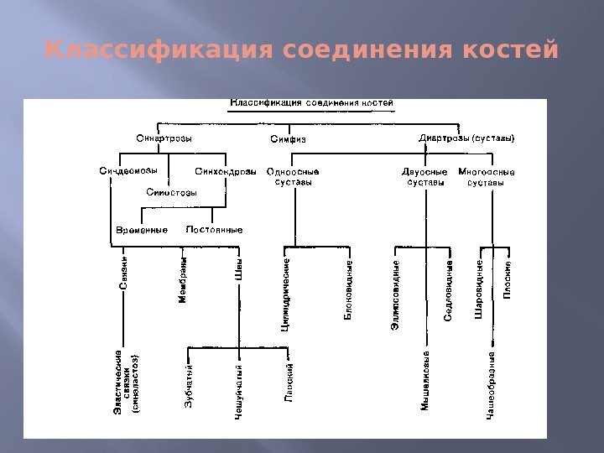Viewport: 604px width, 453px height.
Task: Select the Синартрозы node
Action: point(164,138)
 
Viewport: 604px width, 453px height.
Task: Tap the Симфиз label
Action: point(288,139)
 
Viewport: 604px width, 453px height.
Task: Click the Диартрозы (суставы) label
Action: point(466,138)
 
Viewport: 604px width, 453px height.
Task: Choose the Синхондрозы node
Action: point(226,172)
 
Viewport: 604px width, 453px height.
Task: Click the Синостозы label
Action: point(172,192)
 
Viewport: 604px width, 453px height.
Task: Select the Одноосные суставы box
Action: point(294,177)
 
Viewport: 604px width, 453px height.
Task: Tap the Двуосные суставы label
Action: point(424,177)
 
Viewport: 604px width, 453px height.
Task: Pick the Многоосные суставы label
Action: point(487,177)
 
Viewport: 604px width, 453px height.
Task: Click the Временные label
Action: point(142,229)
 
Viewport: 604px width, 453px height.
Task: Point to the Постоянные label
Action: point(215,229)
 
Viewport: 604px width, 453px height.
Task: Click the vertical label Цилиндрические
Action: point(286,294)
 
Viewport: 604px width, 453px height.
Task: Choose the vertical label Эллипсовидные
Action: point(396,294)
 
